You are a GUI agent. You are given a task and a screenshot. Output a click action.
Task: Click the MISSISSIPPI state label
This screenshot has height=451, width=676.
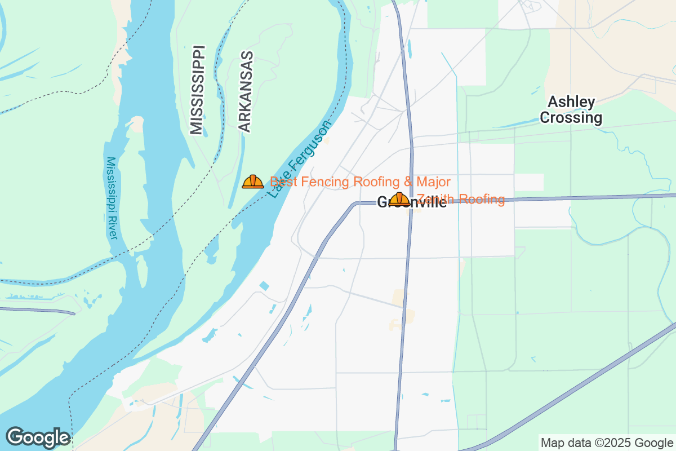pyautogui.click(x=197, y=90)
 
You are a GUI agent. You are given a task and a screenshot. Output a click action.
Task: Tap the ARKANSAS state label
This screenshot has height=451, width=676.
pyautogui.click(x=245, y=92)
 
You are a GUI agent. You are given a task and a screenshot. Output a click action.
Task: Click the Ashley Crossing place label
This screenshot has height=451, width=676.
pyautogui.click(x=571, y=110)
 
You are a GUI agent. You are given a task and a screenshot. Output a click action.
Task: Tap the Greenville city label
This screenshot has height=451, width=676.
pyautogui.click(x=412, y=202)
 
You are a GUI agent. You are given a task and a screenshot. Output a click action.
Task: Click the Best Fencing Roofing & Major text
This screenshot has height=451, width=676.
pyautogui.click(x=360, y=182)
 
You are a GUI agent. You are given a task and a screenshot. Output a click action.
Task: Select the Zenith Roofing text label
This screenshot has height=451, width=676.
pyautogui.click(x=461, y=199)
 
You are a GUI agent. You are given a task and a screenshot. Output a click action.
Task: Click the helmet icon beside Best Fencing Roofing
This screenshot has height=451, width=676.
pyautogui.click(x=253, y=182)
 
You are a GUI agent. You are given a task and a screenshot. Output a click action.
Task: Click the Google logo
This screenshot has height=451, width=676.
pyautogui.click(x=38, y=437)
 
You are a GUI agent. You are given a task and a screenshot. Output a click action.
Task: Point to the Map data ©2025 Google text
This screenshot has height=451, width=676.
pyautogui.click(x=607, y=443)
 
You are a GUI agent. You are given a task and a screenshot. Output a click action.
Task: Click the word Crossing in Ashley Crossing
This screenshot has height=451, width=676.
pyautogui.click(x=571, y=118)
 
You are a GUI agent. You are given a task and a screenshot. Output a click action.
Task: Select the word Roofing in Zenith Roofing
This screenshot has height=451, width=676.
pyautogui.click(x=482, y=199)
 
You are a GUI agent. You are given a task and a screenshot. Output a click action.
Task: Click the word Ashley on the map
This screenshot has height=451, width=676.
pyautogui.click(x=571, y=102)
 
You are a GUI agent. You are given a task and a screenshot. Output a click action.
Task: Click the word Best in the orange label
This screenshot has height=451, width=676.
pyautogui.click(x=283, y=182)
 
